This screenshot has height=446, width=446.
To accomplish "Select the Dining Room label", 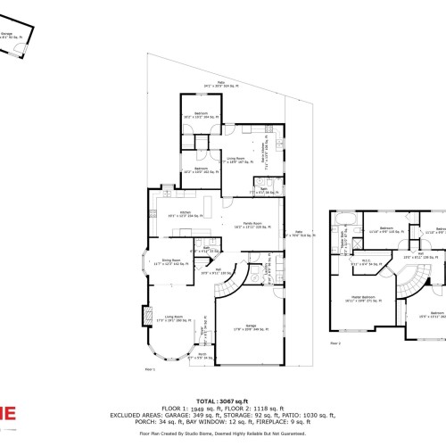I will [x=166, y=261].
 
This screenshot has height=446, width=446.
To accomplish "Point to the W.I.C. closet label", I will [x=359, y=264].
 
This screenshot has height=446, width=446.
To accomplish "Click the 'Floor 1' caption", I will [x=150, y=368].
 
